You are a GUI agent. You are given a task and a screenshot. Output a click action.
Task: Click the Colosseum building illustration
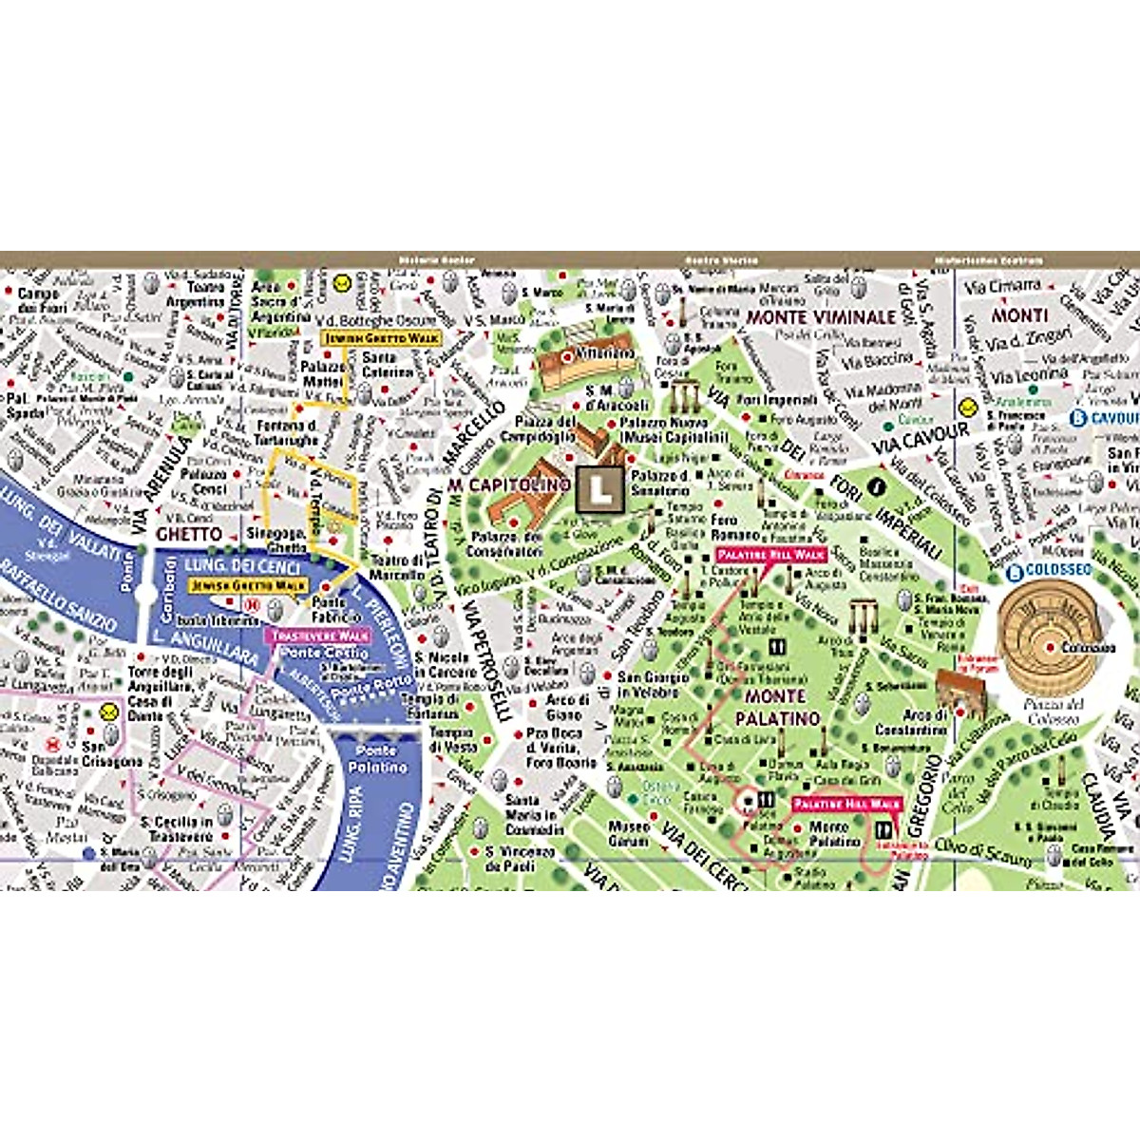pos(1050,626)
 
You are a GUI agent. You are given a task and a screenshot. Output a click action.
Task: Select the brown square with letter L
pos(599,489)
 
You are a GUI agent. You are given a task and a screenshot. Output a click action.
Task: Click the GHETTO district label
pos(189,535)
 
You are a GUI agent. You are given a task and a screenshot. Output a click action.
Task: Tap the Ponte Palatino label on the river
pos(377,758)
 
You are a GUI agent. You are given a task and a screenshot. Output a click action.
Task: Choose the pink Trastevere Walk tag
pos(320,636)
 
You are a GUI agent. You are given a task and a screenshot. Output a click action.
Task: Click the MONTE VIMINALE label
pos(821,316)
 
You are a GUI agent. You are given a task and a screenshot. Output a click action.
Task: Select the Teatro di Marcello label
pos(397,567)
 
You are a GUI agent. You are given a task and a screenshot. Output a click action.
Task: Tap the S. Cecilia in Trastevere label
pos(177,829)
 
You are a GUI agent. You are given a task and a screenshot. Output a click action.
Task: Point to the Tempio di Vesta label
pos(452,740)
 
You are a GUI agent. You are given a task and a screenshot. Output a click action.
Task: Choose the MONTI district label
pos(1019,314)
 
